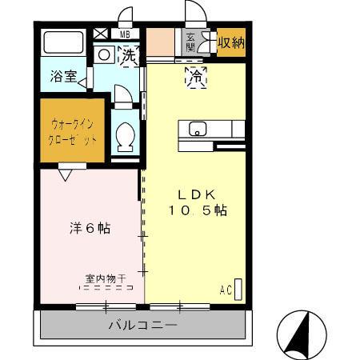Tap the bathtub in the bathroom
pos(64,43)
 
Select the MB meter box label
pos(125,34)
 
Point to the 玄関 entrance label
pos(191,42)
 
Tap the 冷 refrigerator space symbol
pos(195,77)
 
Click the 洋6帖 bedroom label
pos(87,228)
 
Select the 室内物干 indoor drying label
pos(106,279)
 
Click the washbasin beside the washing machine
pos(104,55)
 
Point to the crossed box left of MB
pos(101,34)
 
